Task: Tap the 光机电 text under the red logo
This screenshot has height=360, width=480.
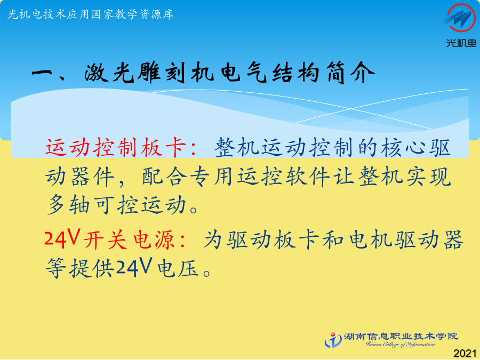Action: pos(461,43)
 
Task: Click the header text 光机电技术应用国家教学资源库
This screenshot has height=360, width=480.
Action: pos(91,14)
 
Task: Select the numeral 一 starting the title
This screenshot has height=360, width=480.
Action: pos(44,74)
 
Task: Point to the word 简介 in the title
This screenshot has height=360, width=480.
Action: pos(351,73)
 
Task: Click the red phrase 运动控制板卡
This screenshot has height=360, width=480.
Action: pos(116,147)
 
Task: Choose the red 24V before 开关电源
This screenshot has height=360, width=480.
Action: pos(62,238)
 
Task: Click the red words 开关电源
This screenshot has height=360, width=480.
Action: pos(128,239)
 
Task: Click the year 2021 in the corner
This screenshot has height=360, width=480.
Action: pos(465,353)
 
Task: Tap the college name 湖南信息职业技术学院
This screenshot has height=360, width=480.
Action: pos(401,337)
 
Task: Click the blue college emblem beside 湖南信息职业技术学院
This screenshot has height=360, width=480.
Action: pos(333,340)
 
